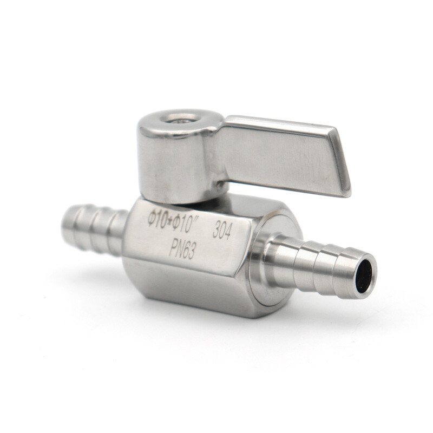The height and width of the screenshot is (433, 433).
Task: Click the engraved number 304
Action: coord(222,230)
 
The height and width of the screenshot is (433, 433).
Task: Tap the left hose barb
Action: coord(95,227)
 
